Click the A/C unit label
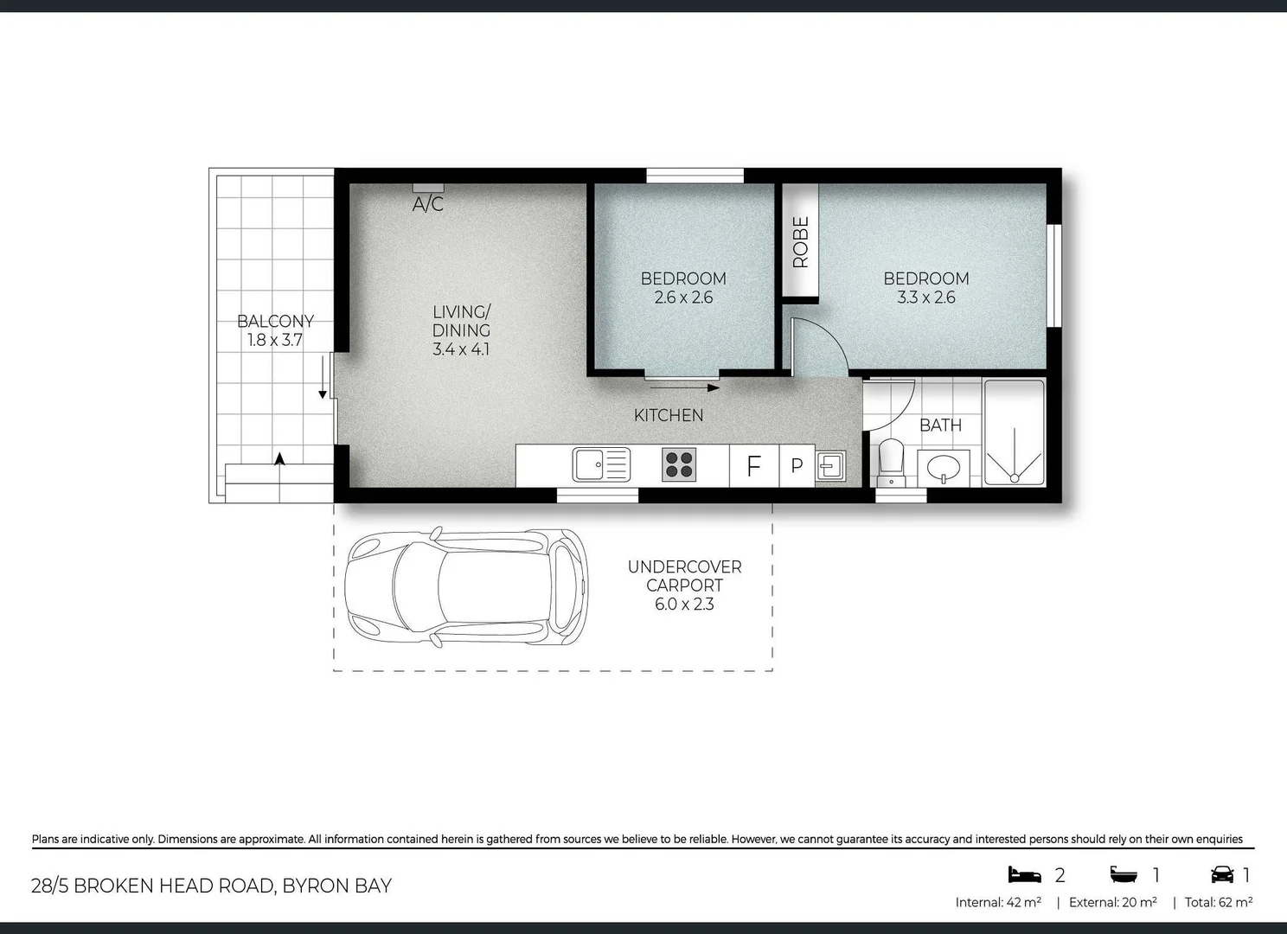(428, 204)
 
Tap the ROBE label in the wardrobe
(800, 242)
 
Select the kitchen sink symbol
(602, 464)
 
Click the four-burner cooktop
(679, 464)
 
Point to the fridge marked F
(754, 466)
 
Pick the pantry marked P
(797, 466)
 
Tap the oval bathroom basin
(944, 468)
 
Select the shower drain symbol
(1015, 478)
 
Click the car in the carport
(466, 586)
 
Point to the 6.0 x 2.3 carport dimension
(684, 605)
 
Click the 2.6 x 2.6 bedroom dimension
(683, 297)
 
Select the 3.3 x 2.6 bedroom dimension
(926, 297)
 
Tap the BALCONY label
(275, 321)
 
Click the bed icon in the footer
(1024, 874)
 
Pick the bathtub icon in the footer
(1124, 874)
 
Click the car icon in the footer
(1223, 874)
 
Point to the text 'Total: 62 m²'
(1219, 902)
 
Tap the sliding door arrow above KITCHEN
(684, 388)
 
